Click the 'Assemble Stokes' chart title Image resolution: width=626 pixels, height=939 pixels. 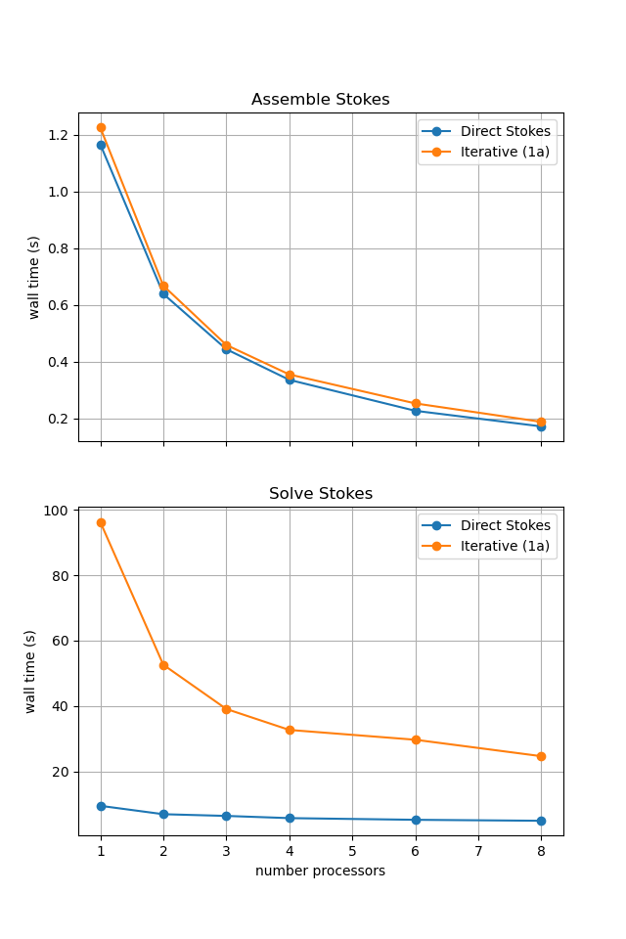click(x=320, y=100)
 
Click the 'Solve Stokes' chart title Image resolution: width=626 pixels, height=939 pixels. click(x=320, y=494)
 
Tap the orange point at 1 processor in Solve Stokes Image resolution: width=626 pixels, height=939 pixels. click(x=101, y=522)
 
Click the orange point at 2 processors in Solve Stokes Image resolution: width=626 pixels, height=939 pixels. click(x=163, y=665)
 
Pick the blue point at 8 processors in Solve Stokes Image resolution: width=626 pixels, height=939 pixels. click(x=541, y=821)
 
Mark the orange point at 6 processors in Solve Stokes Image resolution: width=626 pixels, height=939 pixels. click(x=416, y=739)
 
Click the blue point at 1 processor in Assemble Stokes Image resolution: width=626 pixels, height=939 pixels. click(x=101, y=145)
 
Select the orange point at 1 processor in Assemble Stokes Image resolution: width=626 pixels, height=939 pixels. click(x=101, y=127)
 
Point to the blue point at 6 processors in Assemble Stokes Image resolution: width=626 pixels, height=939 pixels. click(x=416, y=411)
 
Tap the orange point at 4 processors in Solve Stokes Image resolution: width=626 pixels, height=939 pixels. click(x=290, y=730)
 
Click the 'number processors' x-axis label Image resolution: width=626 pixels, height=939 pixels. click(x=320, y=871)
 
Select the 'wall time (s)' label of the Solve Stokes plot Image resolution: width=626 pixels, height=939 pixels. click(x=30, y=671)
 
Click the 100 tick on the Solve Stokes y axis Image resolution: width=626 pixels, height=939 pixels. click(x=57, y=511)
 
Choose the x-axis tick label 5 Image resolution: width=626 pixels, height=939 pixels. click(x=352, y=852)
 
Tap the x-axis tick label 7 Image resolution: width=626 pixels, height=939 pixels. click(x=478, y=852)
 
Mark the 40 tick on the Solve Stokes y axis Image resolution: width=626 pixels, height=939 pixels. click(x=60, y=706)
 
